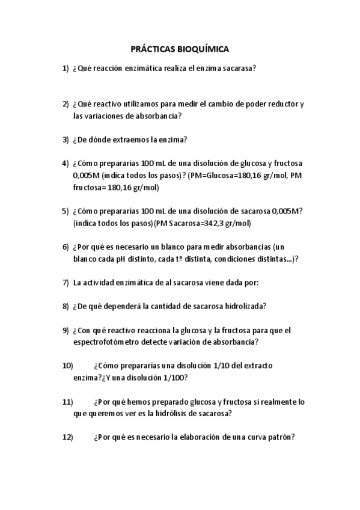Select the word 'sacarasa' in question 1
(x=237, y=68)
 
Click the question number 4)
(x=66, y=163)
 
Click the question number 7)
(x=66, y=282)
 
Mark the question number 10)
(x=67, y=366)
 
